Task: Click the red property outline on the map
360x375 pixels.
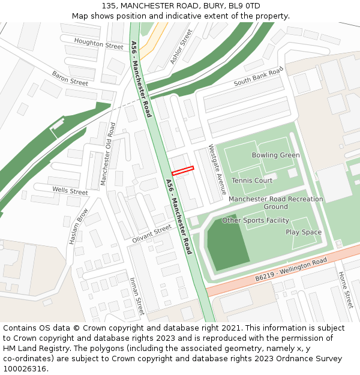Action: [x=183, y=170]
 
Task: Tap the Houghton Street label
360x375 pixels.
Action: [x=98, y=42]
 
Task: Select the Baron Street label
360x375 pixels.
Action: [x=70, y=77]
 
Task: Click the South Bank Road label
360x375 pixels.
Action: [x=258, y=77]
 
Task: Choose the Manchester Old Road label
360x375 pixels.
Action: [x=107, y=154]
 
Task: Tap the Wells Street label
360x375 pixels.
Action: [x=70, y=191]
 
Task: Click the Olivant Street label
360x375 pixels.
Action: [x=152, y=233]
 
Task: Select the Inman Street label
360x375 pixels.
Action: [x=137, y=296]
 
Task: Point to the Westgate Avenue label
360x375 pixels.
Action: [x=217, y=169]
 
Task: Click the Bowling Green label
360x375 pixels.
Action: [x=275, y=155]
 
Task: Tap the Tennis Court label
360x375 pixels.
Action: [x=252, y=181]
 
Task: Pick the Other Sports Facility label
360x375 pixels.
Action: [x=256, y=221]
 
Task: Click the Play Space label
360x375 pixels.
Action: [x=304, y=232]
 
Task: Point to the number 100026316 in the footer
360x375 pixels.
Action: [x=24, y=369]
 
